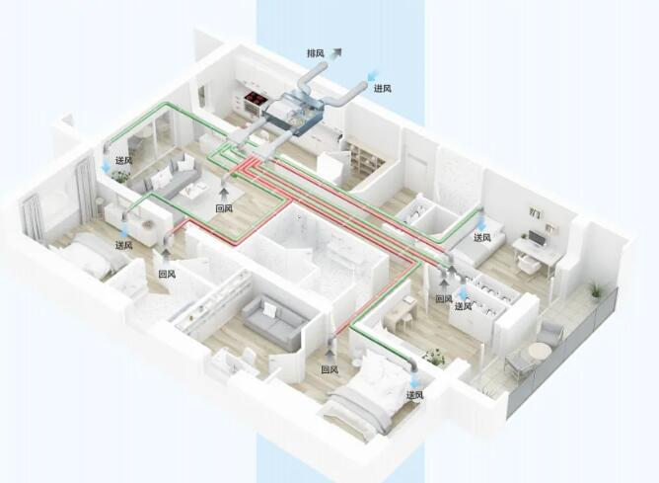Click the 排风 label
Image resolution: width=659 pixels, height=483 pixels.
pyautogui.click(x=316, y=53)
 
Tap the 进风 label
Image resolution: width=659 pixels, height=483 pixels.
pyautogui.click(x=383, y=88)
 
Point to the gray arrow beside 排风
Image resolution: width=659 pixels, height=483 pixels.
pyautogui.click(x=335, y=52)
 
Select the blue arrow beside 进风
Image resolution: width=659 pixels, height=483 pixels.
pyautogui.click(x=372, y=75)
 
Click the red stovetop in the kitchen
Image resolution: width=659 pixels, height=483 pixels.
pyautogui.click(x=256, y=98)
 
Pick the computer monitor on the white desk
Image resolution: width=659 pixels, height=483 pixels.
pyautogui.click(x=536, y=239)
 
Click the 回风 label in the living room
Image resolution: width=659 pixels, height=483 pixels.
pyautogui.click(x=224, y=208)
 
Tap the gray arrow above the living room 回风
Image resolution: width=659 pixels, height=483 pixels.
pyautogui.click(x=225, y=194)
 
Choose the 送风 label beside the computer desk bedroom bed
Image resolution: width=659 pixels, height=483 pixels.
pyautogui.click(x=482, y=238)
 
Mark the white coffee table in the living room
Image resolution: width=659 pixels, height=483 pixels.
pyautogui.click(x=196, y=192)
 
